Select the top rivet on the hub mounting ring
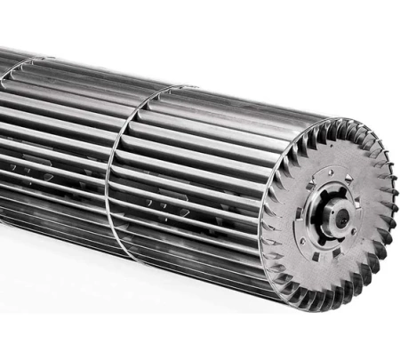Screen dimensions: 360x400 point(330,172)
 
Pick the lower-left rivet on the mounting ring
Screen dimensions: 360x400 point(303,240)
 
